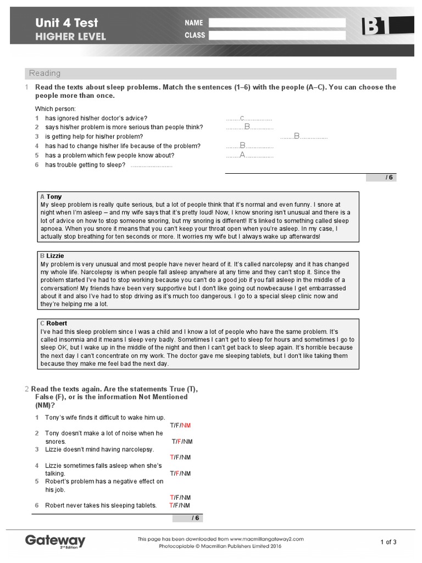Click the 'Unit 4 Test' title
coord(66,23)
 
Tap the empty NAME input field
coord(277,23)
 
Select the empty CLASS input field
coord(277,35)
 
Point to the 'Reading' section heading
coord(45,73)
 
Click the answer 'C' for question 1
coord(242,118)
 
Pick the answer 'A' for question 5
coord(242,155)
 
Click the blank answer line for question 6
coord(152,165)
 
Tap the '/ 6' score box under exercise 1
coord(381,177)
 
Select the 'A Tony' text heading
coord(51,196)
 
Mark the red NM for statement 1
coord(186,426)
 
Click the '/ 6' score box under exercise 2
coord(188,518)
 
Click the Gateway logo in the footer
coord(55,540)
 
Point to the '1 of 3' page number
coord(388,542)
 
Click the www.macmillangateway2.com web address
coord(266,539)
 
